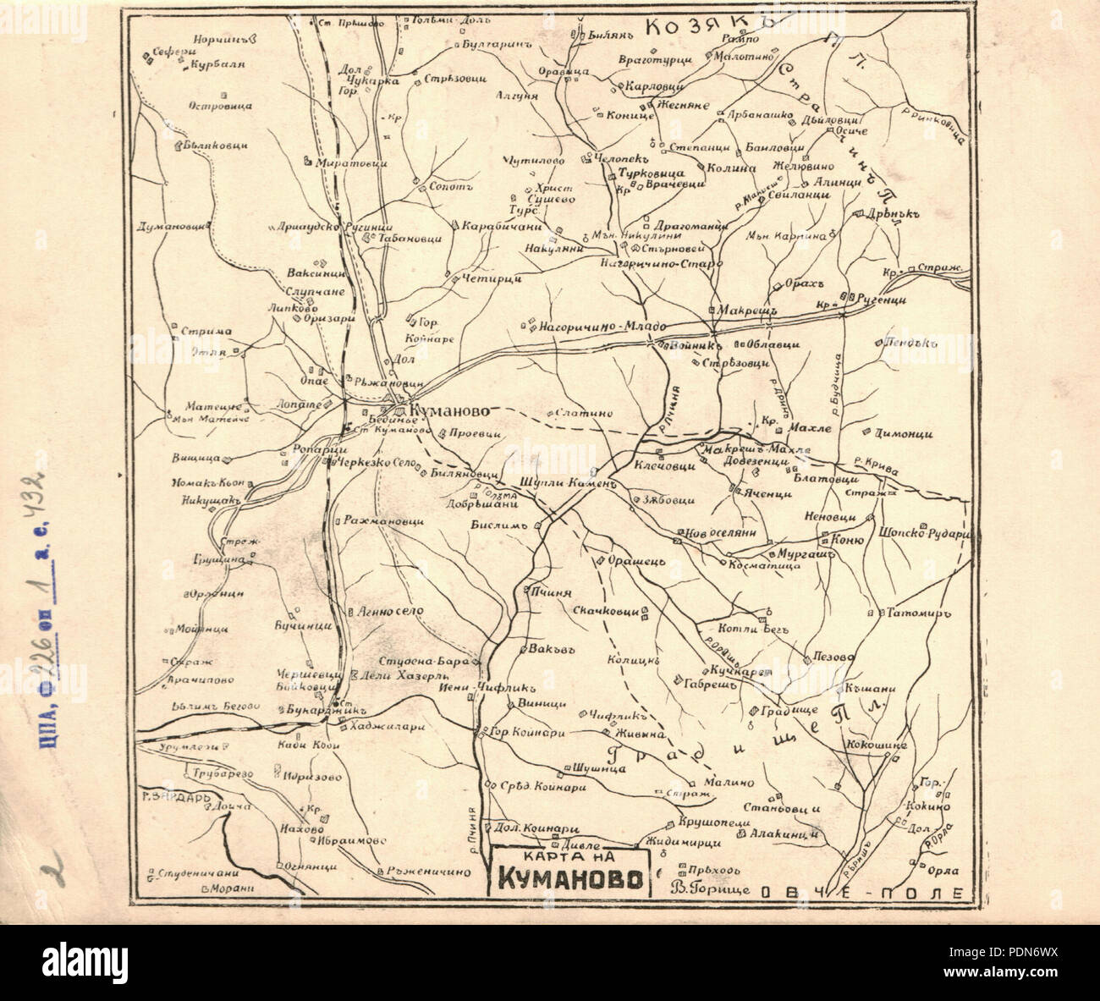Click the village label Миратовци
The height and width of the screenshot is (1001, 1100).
click(x=351, y=163)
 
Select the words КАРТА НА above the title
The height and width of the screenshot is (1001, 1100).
click(x=568, y=855)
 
